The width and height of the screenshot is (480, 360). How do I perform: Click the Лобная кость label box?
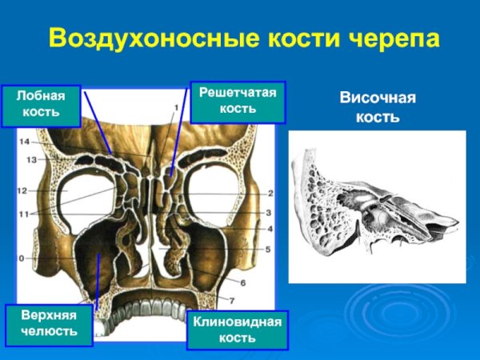pos(41,103)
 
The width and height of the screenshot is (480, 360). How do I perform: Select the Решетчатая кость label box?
pos(237,101)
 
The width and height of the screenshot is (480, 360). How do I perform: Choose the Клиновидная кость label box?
pos(237,330)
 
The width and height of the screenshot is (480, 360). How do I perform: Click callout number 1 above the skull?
pos(175,106)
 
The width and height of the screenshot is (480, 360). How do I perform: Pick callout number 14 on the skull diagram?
pos(24,142)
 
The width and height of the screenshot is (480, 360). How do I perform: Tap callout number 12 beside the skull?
pos(22,191)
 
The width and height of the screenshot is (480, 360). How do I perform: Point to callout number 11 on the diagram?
pos(24,214)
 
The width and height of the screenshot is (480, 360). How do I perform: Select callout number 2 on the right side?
pos(270,193)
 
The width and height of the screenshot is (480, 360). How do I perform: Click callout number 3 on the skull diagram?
pos(270,212)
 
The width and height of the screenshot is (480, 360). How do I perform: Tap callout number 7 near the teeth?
pos(232,301)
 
